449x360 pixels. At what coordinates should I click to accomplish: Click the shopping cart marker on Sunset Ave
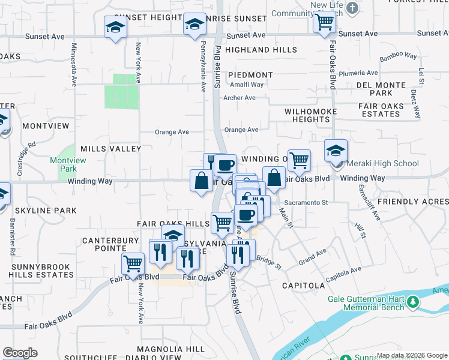(x=324, y=23)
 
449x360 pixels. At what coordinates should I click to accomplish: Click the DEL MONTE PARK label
(x=382, y=89)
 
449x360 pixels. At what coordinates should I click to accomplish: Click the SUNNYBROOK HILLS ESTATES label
(x=41, y=269)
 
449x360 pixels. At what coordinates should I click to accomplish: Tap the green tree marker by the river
(x=412, y=302)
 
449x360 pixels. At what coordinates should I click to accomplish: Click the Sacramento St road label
(x=306, y=203)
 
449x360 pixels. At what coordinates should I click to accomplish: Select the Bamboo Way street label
(x=398, y=56)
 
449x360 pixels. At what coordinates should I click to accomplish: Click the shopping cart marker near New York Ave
(x=132, y=263)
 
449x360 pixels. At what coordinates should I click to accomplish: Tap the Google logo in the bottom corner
(x=20, y=353)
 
